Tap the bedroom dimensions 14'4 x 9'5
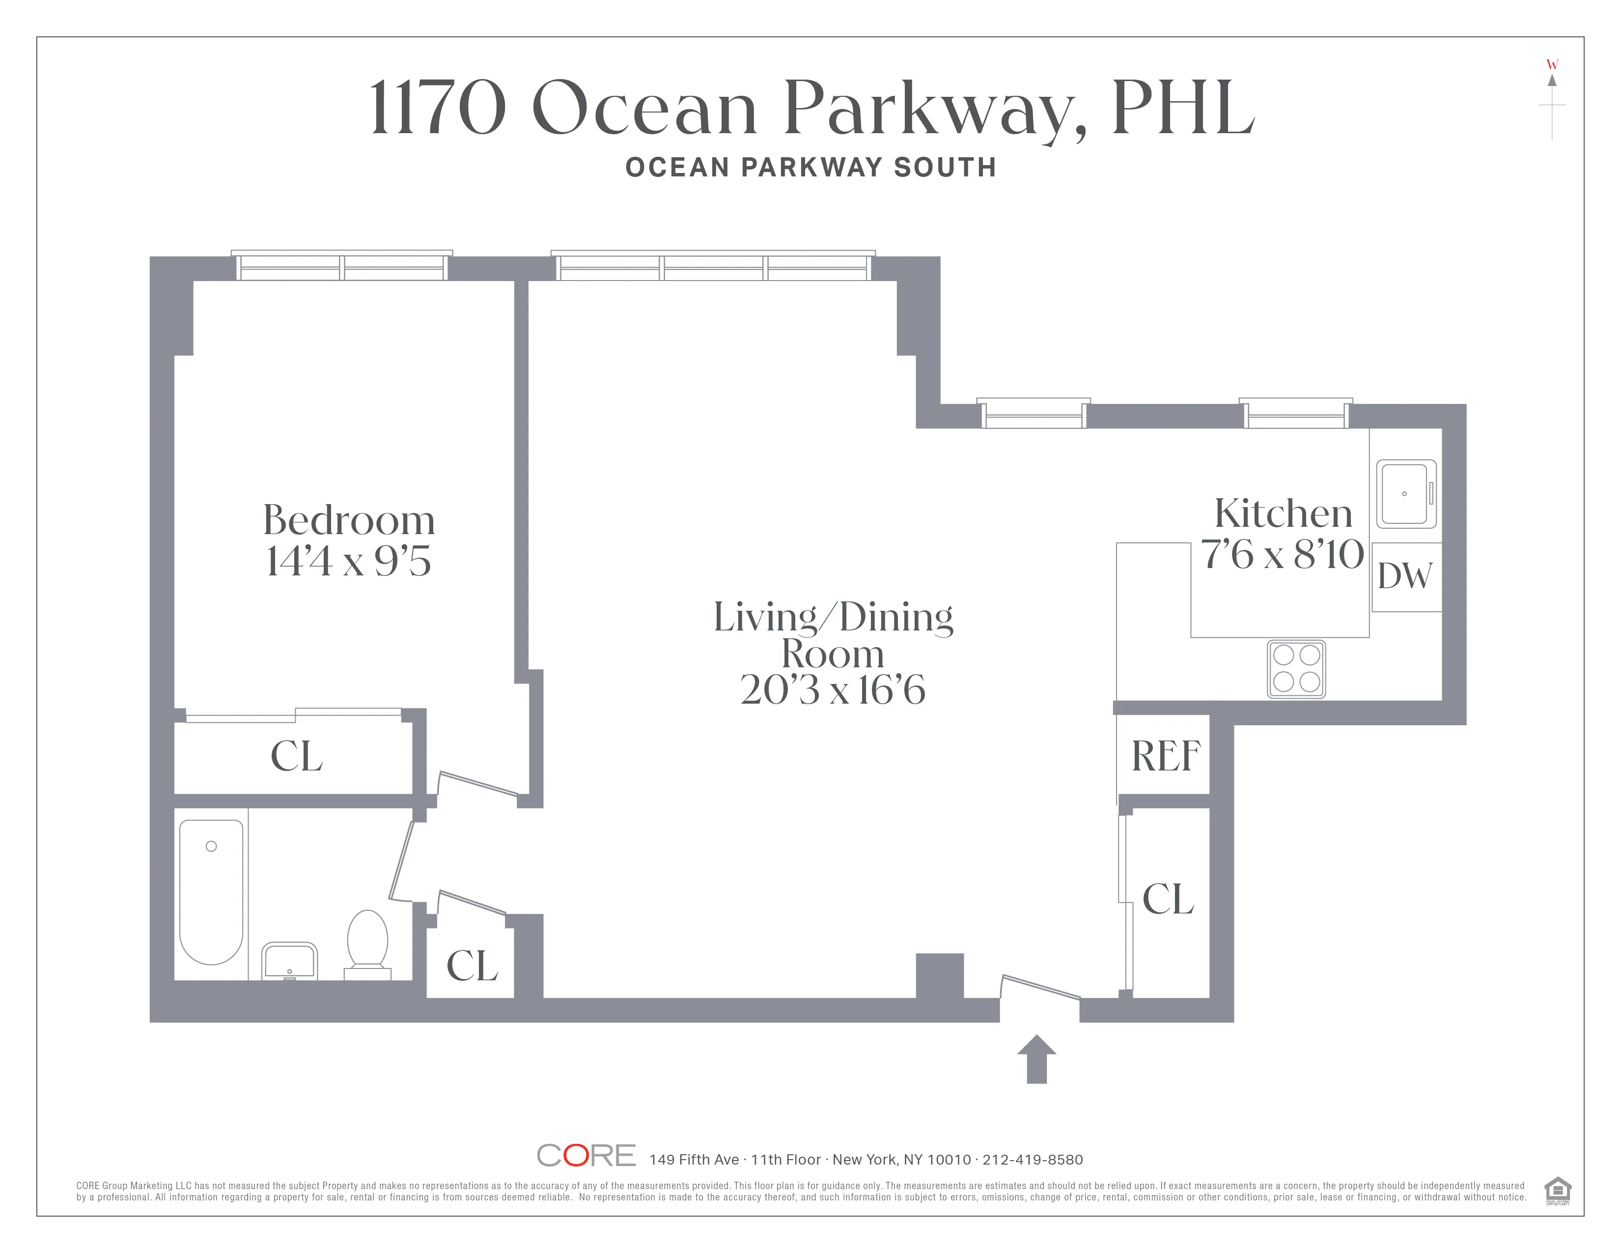349,561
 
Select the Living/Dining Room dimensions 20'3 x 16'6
833,690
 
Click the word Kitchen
1283,513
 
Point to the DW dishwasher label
1405,576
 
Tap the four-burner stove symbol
1296,669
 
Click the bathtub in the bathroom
212,891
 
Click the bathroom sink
289,961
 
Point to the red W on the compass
1552,64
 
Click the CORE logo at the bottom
587,1155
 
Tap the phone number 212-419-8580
1033,1160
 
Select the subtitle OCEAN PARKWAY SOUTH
810,168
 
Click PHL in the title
1182,109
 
